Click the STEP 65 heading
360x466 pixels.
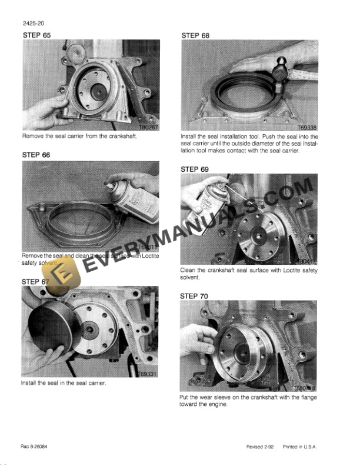pos(36,36)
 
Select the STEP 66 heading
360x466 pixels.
pos(36,155)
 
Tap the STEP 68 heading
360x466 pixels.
pos(195,36)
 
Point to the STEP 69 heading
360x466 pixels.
pos(195,169)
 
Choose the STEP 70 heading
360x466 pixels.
pos(195,296)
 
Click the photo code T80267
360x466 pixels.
pos(147,127)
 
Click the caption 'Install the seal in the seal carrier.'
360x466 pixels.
pos(64,383)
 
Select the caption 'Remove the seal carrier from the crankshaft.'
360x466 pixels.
pos(74,136)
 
